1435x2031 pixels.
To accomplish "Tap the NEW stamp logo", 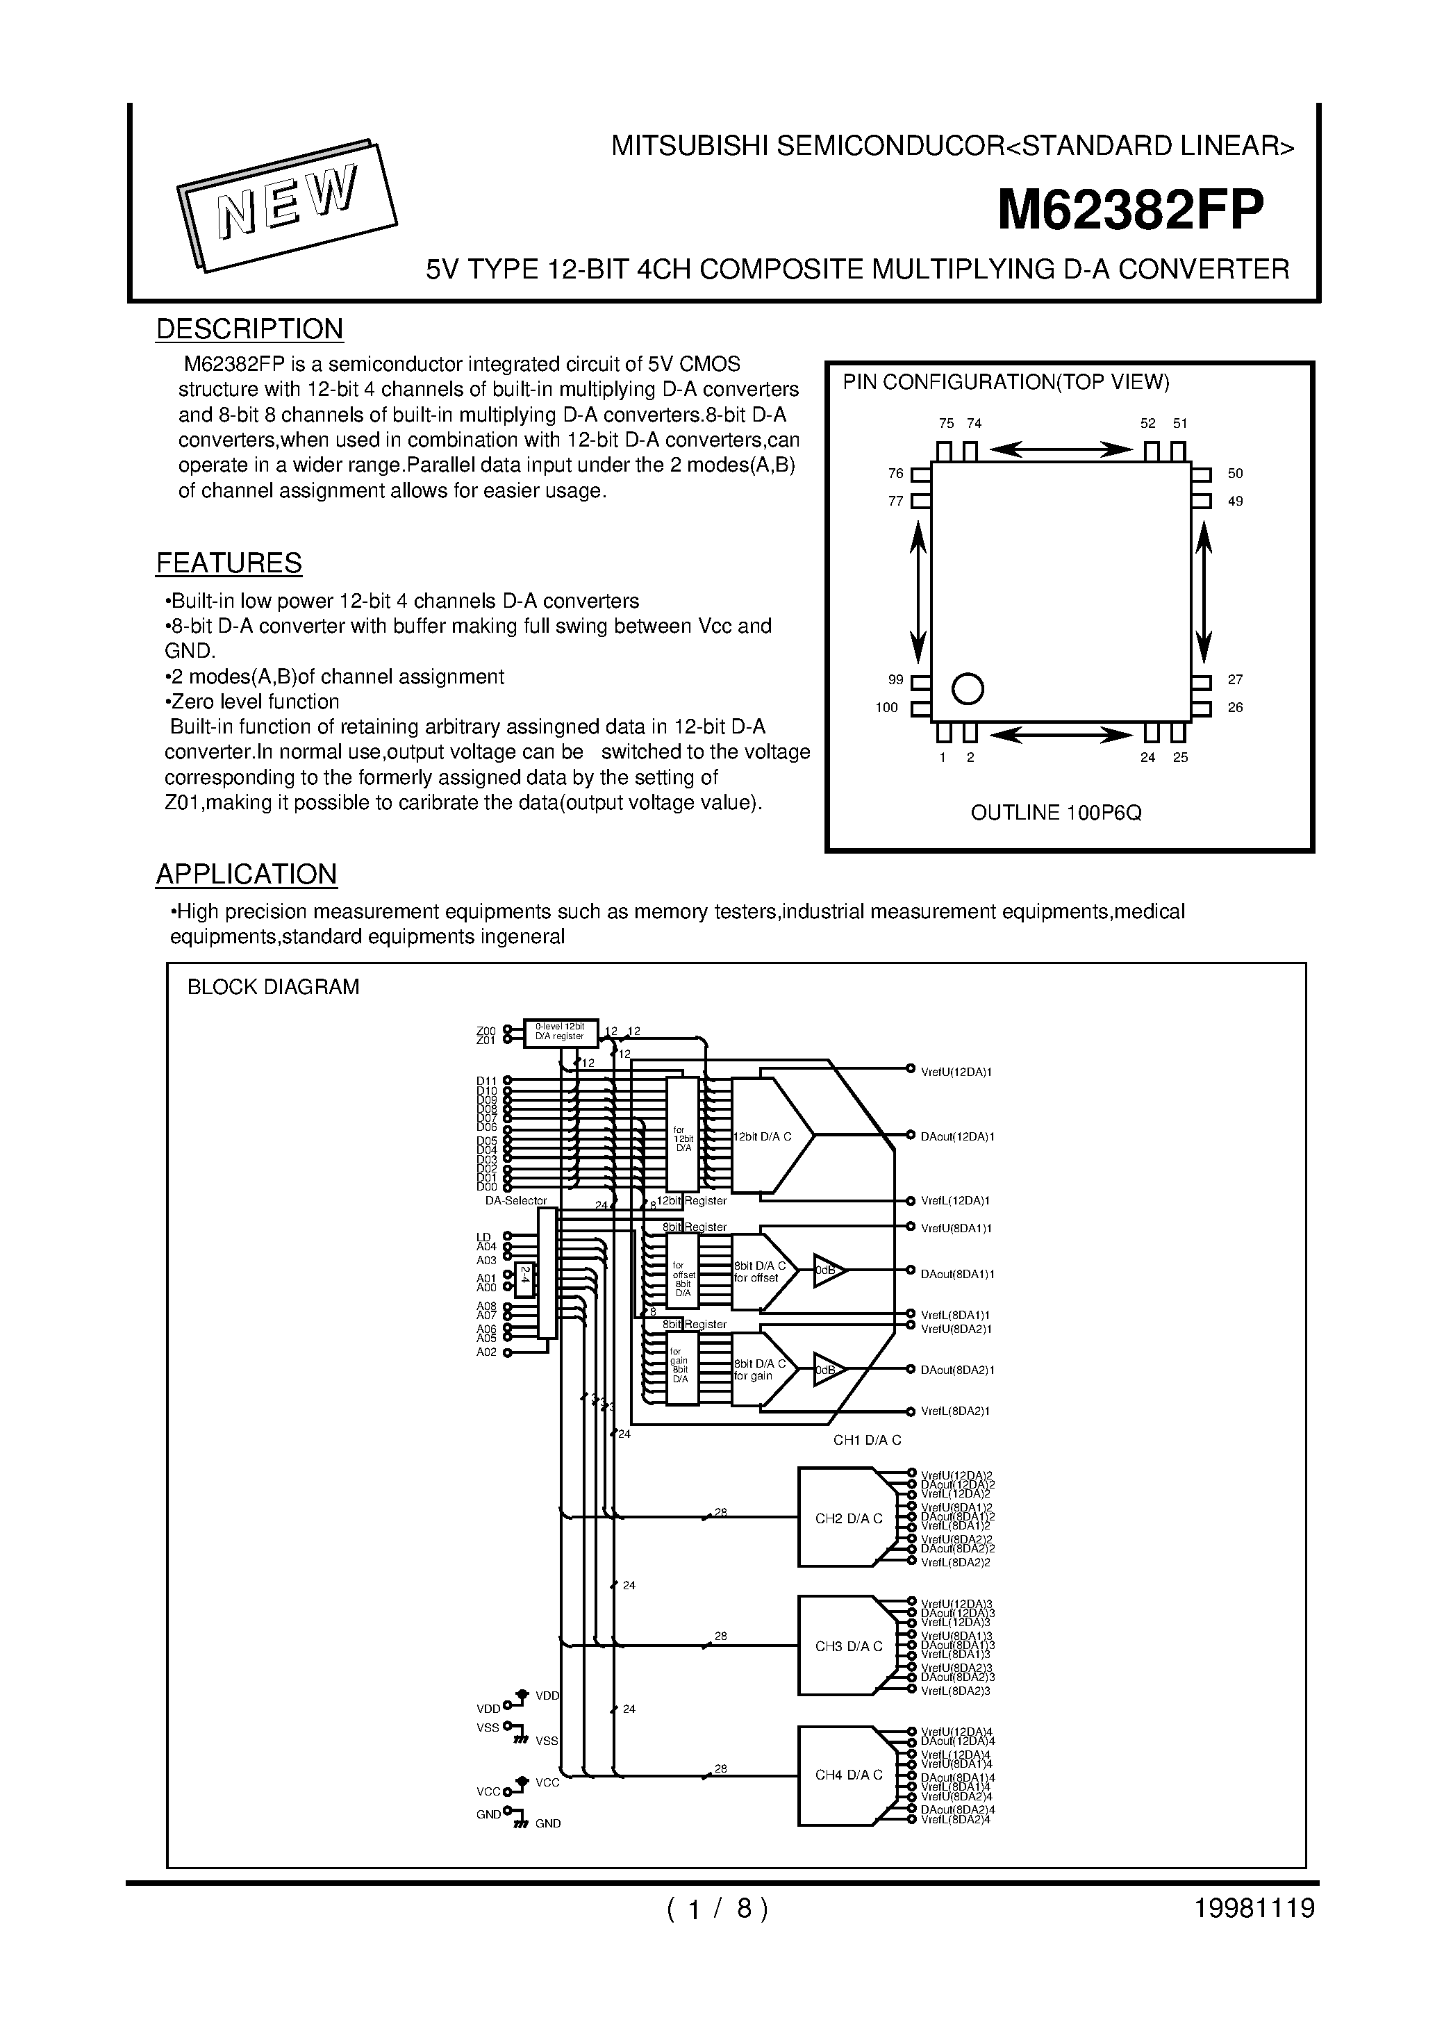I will click(288, 204).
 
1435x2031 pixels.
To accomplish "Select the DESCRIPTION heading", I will click(249, 329).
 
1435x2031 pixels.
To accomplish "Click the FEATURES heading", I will click(229, 563).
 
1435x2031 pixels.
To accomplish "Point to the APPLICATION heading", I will click(246, 874).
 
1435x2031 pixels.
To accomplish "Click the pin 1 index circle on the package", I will click(967, 688).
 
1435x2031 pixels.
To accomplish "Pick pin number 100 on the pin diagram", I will click(886, 708).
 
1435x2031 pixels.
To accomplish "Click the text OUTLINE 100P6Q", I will click(1056, 813).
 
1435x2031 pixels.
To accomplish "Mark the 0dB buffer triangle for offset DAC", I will click(827, 1270).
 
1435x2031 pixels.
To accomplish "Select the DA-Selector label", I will click(516, 1201).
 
